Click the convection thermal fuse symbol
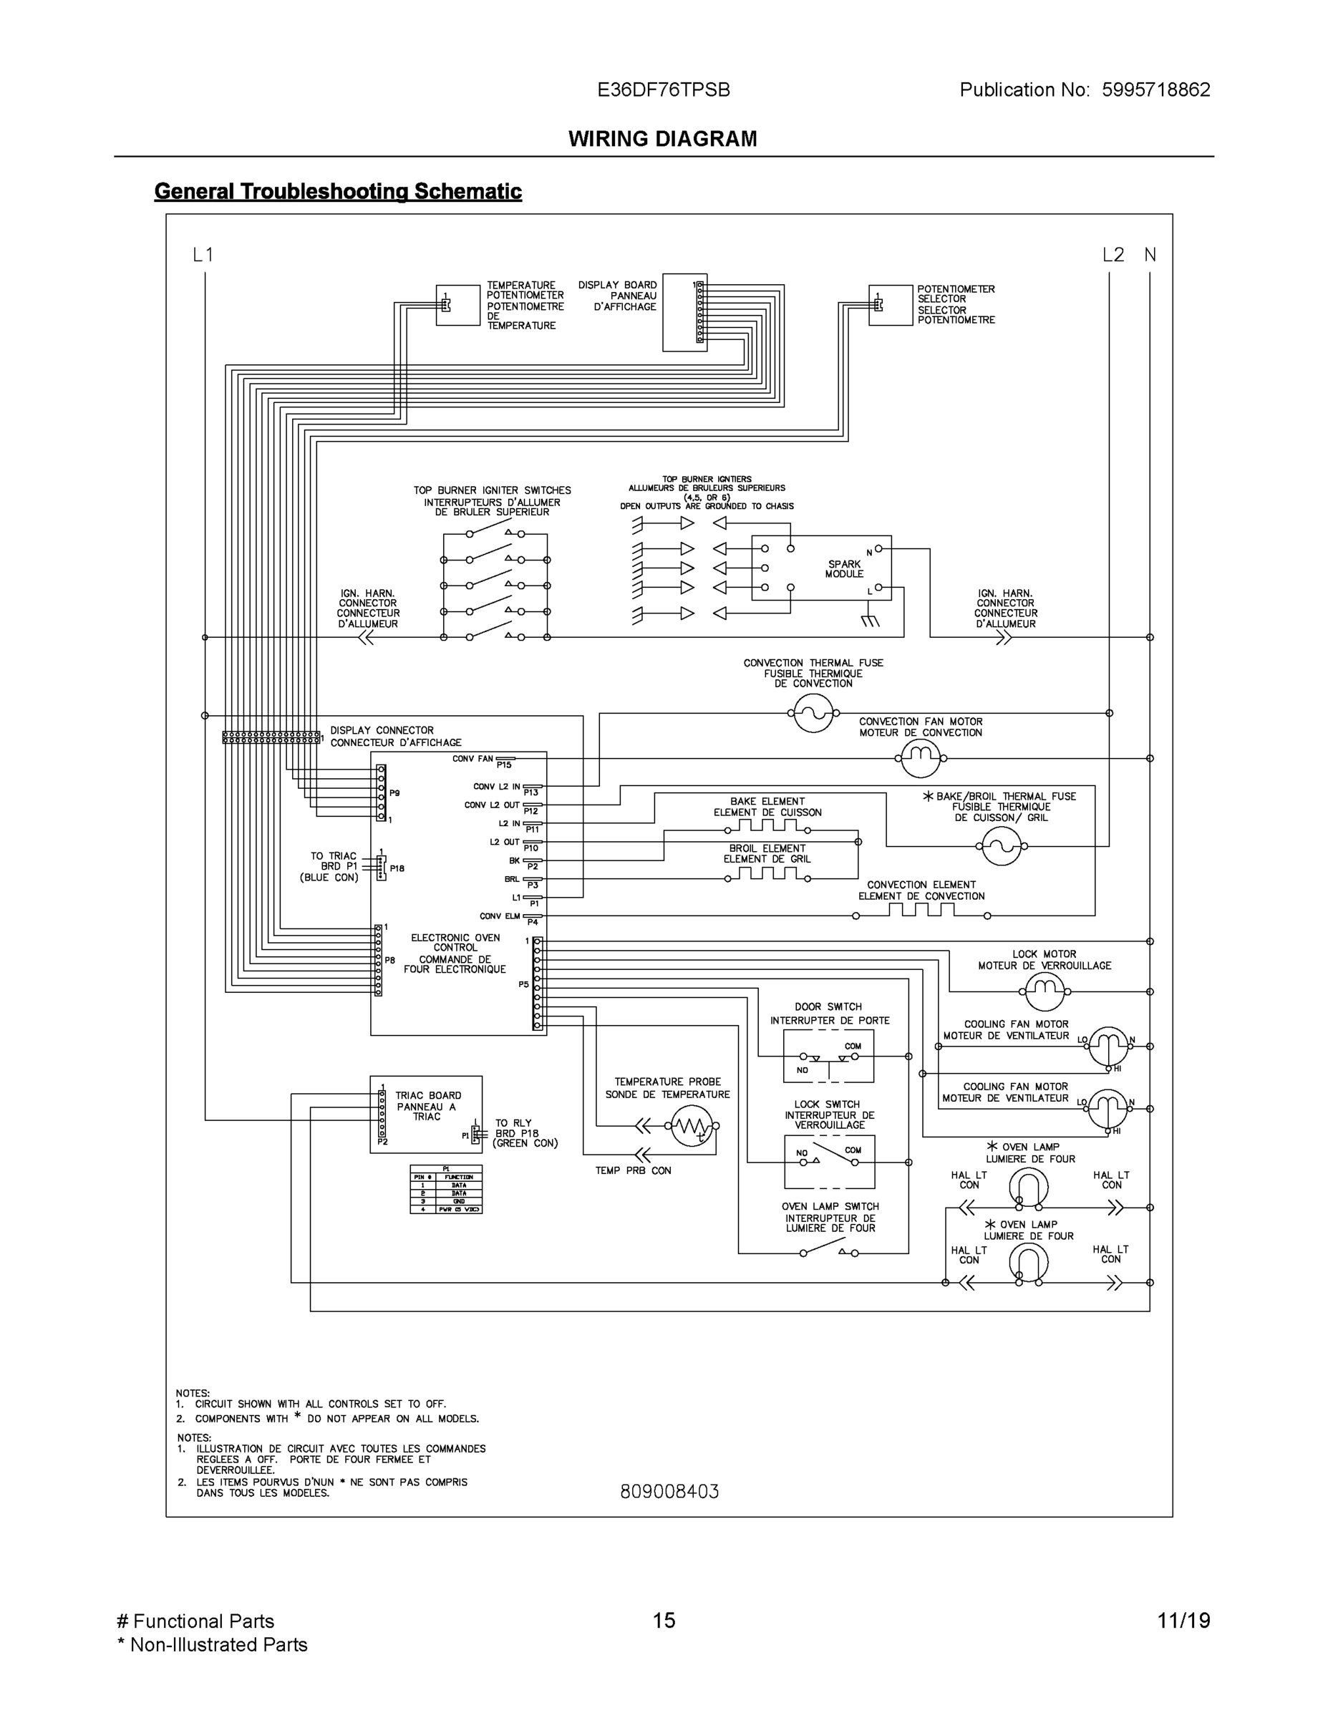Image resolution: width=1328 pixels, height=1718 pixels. (813, 714)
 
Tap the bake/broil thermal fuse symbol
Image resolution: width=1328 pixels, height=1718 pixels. (1002, 846)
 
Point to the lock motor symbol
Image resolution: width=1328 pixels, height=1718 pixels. (1045, 992)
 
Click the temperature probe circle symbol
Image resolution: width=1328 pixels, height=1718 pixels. (691, 1127)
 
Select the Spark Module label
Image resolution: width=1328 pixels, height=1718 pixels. (844, 569)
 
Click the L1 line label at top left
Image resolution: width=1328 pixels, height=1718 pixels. (203, 255)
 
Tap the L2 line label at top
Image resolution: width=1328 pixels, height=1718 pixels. (1113, 255)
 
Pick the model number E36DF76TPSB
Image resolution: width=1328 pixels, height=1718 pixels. (663, 89)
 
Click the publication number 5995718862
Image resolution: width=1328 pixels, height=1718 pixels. (1155, 89)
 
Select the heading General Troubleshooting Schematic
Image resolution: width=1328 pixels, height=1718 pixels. (337, 191)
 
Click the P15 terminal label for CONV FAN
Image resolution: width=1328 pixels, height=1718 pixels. (503, 765)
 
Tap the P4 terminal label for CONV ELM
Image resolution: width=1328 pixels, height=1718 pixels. (533, 922)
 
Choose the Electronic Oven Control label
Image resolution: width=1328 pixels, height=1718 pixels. (455, 953)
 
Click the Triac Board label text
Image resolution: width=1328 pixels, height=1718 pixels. (427, 1105)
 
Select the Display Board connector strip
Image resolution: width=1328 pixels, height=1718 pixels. (700, 312)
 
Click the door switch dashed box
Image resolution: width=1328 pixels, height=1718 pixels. (828, 1057)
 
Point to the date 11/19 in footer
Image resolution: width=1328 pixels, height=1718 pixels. (1183, 1621)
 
